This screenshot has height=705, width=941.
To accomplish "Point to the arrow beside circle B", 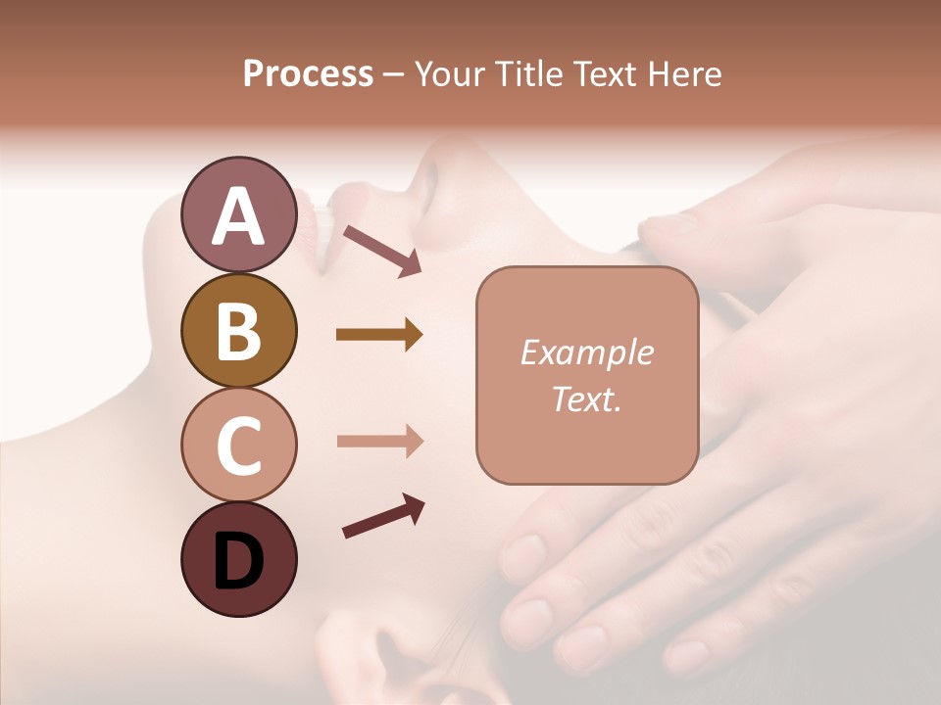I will click(379, 335).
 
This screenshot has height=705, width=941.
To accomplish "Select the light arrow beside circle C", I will click(379, 442).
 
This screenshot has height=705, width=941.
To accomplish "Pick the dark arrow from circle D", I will click(383, 517).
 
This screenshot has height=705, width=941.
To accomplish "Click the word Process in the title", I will click(308, 74).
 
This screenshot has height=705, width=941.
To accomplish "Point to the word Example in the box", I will click(586, 353).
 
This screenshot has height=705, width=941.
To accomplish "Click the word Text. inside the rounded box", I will click(586, 399).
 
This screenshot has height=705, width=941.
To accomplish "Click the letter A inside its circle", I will click(238, 216).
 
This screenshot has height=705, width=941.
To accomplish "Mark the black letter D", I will click(238, 563).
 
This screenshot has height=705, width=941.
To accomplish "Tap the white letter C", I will click(238, 446).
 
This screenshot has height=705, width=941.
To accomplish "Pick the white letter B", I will click(238, 331).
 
